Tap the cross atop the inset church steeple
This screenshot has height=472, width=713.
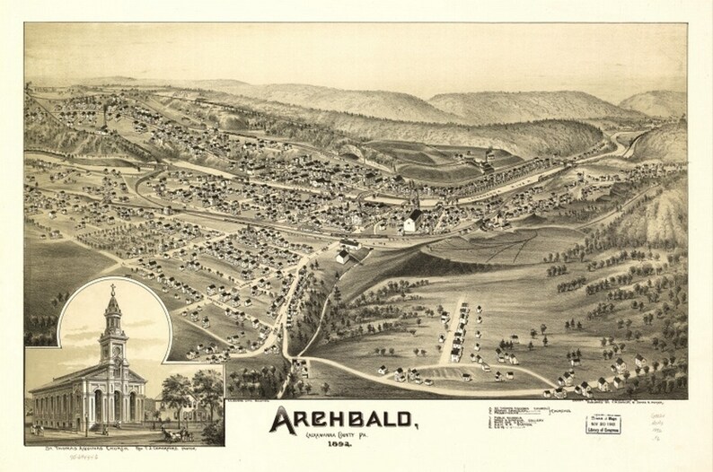(112, 289)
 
